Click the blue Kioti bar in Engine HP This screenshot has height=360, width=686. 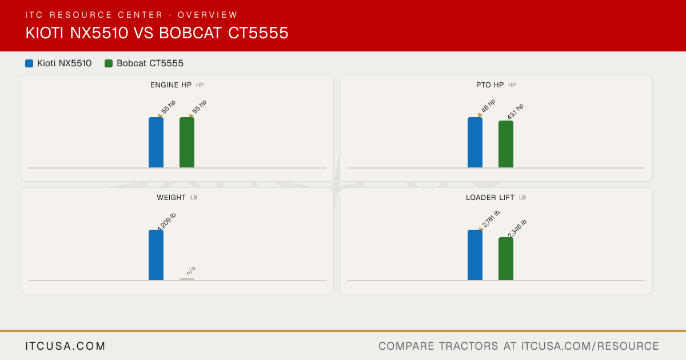pos(156,142)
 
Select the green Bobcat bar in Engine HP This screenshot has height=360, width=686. pos(187,142)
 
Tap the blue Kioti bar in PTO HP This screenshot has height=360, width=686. pos(475,142)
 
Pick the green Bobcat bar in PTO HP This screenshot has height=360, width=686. pos(506,144)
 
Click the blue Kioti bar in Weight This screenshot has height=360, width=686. pos(156,255)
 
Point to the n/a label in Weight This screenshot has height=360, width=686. pos(191,271)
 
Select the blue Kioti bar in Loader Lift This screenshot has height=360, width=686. pos(475,255)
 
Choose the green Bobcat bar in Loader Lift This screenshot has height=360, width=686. pos(506,259)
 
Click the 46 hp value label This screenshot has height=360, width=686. pos(488,106)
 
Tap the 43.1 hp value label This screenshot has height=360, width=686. pos(515,111)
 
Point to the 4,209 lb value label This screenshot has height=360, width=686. pos(166,222)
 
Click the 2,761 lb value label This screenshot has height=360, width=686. pos(490,219)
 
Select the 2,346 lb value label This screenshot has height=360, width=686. pos(517,228)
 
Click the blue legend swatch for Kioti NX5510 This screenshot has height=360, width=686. pos(29,63)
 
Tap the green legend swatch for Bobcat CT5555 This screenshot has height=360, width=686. pos(109,63)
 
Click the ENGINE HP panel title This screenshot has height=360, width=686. pos(171,85)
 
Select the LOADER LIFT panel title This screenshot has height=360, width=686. pos(490,198)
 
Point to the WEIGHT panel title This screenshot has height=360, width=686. pos(171,198)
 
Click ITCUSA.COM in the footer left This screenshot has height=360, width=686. pos(65,346)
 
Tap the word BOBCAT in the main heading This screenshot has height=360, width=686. pos(190,33)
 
